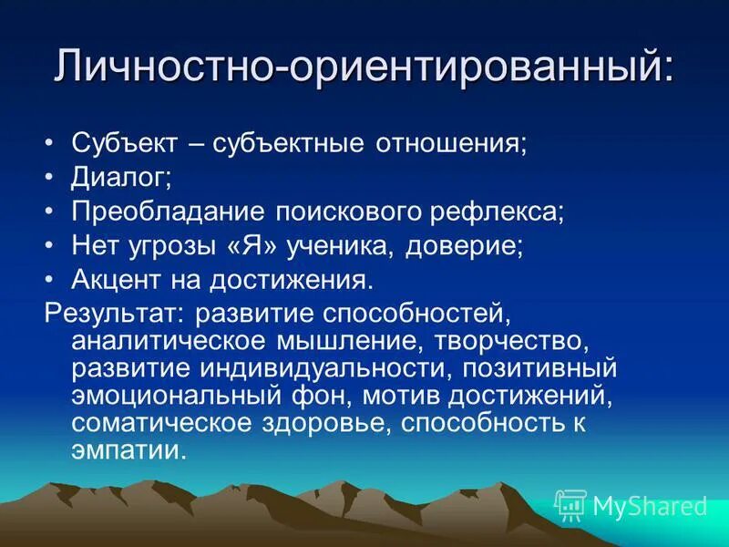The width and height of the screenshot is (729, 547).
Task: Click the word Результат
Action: [112, 313]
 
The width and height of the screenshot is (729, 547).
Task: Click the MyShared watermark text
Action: [650, 506]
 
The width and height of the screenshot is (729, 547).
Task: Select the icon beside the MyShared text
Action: [570, 504]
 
